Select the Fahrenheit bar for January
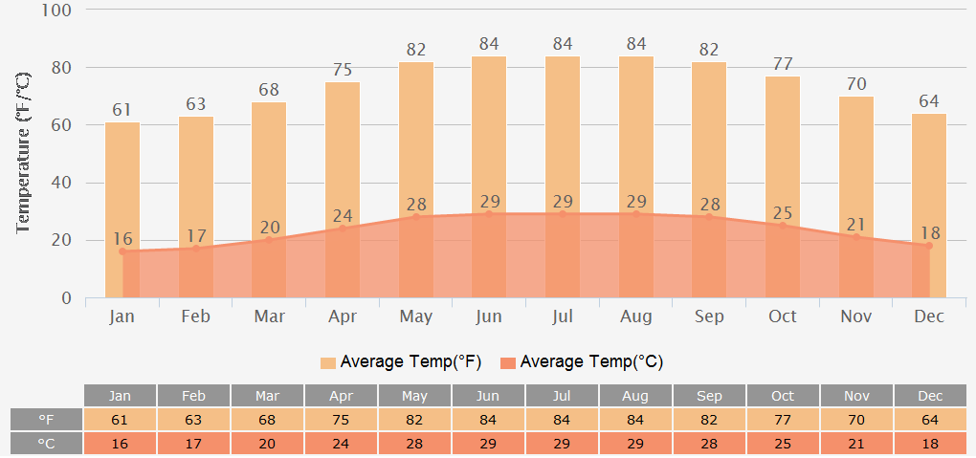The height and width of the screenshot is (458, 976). (x=122, y=182)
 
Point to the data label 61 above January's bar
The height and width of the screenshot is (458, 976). (x=122, y=110)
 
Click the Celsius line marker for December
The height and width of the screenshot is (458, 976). (x=928, y=246)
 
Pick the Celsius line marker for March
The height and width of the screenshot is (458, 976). (x=269, y=240)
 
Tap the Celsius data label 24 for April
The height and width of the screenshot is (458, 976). (x=343, y=216)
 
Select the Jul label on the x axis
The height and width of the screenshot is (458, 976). (x=562, y=316)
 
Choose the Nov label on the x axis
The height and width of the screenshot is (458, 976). (x=855, y=316)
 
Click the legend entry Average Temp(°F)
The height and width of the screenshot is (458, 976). (x=401, y=362)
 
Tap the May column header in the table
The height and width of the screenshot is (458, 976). (x=414, y=396)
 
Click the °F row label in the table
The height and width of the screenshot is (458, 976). (x=46, y=420)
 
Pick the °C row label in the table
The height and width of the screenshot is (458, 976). (x=46, y=444)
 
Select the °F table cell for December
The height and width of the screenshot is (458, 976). (x=929, y=420)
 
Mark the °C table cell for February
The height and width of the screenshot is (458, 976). (x=193, y=444)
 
